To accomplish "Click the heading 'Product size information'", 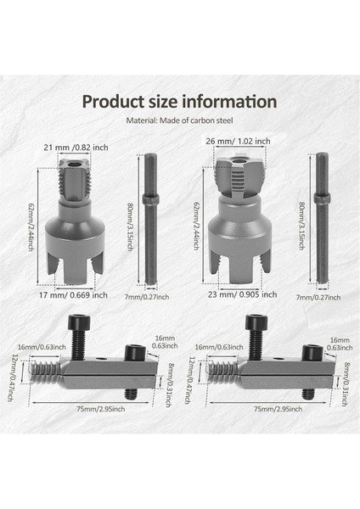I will [x=179, y=101].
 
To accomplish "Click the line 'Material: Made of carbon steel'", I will [x=179, y=120].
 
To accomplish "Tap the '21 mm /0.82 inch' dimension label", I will [x=78, y=148].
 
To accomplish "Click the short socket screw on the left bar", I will [x=133, y=351].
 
